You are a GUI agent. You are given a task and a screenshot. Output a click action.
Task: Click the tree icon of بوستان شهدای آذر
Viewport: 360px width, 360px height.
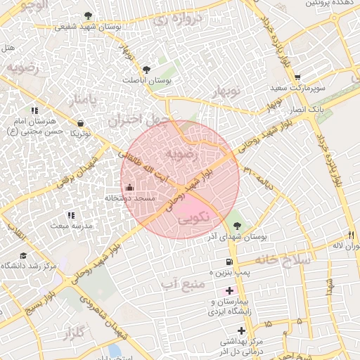pyautogui.click(x=238, y=226)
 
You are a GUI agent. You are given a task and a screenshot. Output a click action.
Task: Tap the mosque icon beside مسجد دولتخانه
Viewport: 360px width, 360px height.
pyautogui.click(x=129, y=188)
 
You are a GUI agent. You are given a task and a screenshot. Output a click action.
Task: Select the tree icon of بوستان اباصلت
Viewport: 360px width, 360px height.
pyautogui.click(x=146, y=70)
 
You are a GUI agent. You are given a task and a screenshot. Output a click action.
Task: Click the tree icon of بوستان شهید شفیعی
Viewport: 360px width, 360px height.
pyautogui.click(x=87, y=15)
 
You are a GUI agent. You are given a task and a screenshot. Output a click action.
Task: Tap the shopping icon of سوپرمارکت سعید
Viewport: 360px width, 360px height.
pyautogui.click(x=297, y=77)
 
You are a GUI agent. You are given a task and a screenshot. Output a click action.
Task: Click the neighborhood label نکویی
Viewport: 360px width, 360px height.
pyautogui.click(x=190, y=219)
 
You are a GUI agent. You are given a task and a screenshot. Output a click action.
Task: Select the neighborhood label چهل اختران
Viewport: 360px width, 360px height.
pyautogui.click(x=139, y=120)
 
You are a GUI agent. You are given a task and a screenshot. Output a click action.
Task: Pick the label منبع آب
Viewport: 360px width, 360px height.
pyautogui.click(x=181, y=283)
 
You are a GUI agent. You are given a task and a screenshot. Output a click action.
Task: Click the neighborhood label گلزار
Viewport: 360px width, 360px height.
pyautogui.click(x=72, y=330)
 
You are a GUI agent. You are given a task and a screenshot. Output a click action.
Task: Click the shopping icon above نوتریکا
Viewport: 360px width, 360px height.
pyautogui.click(x=82, y=124)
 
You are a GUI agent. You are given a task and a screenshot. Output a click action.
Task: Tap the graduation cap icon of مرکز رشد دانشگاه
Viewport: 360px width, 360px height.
pyautogui.click(x=23, y=256)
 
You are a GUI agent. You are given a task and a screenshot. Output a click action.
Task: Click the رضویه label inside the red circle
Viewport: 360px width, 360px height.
pyautogui.click(x=179, y=153)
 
